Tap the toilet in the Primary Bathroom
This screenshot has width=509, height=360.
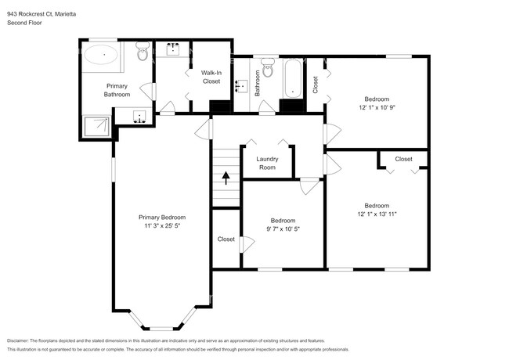[x=142, y=52]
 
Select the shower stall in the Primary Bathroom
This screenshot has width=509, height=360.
[x=98, y=125]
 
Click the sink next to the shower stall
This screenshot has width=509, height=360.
[x=140, y=118]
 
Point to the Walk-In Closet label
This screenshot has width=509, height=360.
[x=211, y=77]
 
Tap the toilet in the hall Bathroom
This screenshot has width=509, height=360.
[x=268, y=68]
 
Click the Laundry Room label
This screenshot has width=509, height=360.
[x=267, y=163]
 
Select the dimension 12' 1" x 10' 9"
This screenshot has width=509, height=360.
[x=377, y=108]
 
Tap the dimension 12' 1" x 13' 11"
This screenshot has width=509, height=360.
[x=377, y=214]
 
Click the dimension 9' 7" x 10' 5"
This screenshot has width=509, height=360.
[x=283, y=229]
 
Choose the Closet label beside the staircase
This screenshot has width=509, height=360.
[x=226, y=239]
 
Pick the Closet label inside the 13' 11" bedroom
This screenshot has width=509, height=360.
[x=403, y=159]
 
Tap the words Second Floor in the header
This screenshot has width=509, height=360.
[x=24, y=22]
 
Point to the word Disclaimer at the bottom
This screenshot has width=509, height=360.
[x=21, y=341]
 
